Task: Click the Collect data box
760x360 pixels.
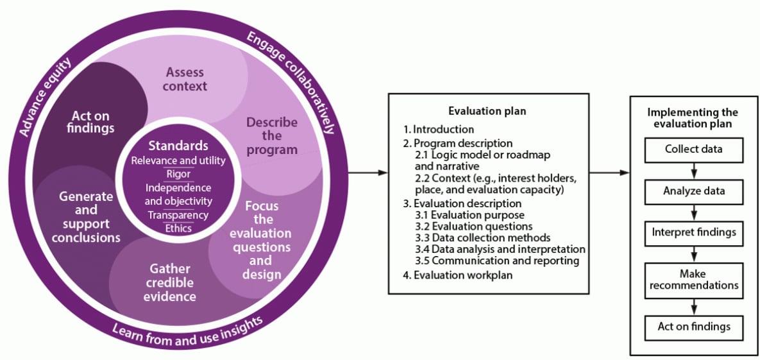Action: (x=693, y=149)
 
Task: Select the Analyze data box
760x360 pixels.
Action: (x=693, y=191)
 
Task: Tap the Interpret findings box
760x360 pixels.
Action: (x=693, y=232)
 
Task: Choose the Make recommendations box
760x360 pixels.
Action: (x=693, y=279)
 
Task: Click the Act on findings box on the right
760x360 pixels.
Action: (x=693, y=327)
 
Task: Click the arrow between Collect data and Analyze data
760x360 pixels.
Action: (x=693, y=171)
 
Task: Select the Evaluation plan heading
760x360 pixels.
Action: (x=487, y=111)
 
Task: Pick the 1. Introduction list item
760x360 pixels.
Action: (x=443, y=129)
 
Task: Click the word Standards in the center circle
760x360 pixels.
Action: (x=178, y=146)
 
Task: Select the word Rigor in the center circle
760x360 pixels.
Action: (x=178, y=174)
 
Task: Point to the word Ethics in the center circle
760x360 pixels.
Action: (x=178, y=228)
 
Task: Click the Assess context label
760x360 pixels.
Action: (x=187, y=78)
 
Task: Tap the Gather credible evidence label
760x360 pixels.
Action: (x=170, y=282)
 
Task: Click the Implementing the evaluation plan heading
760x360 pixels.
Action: (x=693, y=118)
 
